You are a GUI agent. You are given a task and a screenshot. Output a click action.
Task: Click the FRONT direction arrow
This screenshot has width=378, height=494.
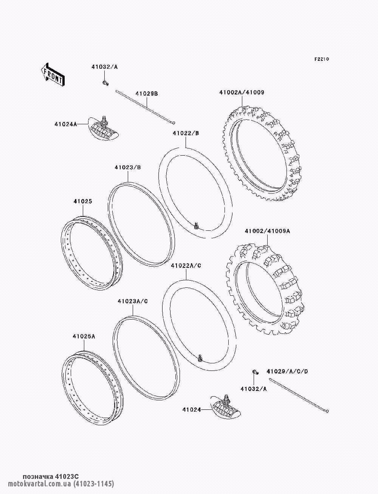coord(53,74)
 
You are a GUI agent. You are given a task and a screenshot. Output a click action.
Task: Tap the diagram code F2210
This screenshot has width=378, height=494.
coord(322,59)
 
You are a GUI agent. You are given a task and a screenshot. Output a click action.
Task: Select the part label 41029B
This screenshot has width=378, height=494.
coord(147,94)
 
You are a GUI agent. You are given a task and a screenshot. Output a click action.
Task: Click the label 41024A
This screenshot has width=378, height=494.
coord(66,124)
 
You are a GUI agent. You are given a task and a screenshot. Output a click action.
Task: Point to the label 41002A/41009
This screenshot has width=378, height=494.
coord(242,92)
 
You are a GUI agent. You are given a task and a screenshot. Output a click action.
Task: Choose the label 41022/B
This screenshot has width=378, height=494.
coord(186,133)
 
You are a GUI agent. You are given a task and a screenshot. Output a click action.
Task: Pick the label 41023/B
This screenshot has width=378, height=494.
coord(128,167)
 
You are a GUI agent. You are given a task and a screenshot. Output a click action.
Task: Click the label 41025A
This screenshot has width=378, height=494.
coord(84,337)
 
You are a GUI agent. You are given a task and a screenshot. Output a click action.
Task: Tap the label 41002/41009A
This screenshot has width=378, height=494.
coord(267,231)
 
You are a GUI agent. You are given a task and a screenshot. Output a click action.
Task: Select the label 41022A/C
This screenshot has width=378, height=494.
coord(186,266)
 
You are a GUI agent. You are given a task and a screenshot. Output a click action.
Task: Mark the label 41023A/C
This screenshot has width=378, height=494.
coord(133,301)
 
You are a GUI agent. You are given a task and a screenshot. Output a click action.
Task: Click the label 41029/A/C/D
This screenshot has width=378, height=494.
coord(287,371)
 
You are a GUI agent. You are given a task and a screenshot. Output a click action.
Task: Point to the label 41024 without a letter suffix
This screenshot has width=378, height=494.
coord(192,410)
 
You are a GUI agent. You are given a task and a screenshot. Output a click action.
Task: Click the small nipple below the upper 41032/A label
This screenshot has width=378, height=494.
coord(105,83)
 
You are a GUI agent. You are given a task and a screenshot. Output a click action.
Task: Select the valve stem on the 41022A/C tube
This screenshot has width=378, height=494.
coord(200,358)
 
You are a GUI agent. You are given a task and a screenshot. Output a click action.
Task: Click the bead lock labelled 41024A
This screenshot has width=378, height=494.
coord(103,128)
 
